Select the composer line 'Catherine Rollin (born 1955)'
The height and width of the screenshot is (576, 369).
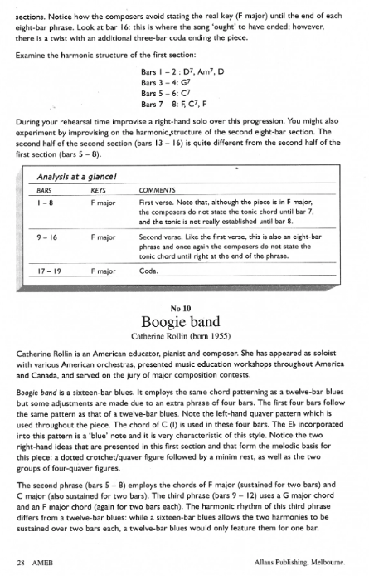(184, 337)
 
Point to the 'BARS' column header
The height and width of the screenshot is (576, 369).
(34, 189)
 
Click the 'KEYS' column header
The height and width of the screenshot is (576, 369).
(98, 189)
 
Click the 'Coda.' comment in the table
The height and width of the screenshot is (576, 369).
(149, 271)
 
